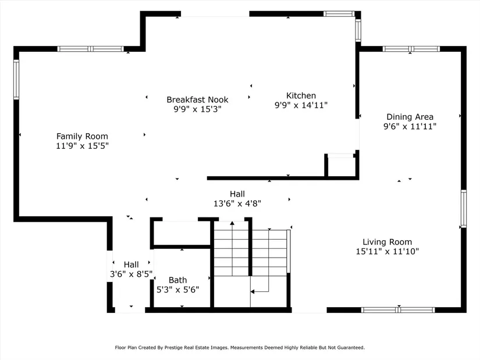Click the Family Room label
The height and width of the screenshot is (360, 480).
click(82, 136)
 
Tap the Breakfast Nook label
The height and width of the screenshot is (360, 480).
click(197, 99)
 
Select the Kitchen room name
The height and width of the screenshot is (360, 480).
click(301, 95)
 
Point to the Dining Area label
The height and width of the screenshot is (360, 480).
click(410, 117)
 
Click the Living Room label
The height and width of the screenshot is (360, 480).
click(387, 242)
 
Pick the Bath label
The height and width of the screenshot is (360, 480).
click(178, 280)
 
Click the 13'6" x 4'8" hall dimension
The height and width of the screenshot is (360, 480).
click(237, 204)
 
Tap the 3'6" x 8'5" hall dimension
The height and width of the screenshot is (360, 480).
click(131, 274)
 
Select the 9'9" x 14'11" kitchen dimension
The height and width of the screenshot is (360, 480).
click(301, 105)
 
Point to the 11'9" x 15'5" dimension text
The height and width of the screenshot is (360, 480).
click(82, 146)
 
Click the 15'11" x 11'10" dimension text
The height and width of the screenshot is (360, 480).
click(387, 251)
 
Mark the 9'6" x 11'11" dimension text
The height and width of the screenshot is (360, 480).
click(410, 126)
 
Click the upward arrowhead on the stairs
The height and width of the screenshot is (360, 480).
click(232, 223)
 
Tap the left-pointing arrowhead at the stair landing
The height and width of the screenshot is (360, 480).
click(253, 292)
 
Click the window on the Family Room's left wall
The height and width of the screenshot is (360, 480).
click(16, 79)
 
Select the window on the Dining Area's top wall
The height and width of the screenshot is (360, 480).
click(411, 49)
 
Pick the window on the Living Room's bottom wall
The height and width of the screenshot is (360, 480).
click(398, 310)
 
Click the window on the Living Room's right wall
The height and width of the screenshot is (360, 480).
click(464, 208)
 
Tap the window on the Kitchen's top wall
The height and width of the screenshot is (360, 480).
click(339, 14)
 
